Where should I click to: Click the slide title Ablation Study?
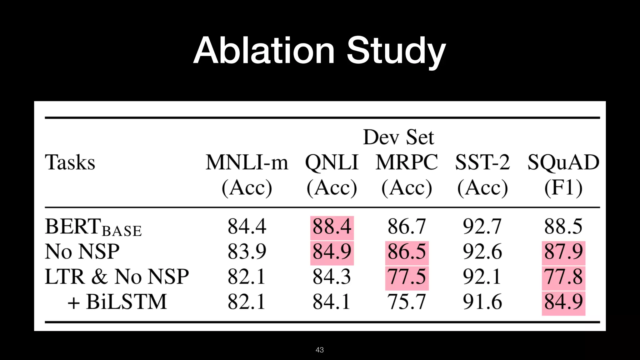coord(319,51)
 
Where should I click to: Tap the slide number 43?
coord(320,350)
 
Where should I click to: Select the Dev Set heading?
coord(398,137)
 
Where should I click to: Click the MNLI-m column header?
coord(247,162)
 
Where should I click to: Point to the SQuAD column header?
coord(563,162)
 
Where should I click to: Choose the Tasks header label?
coord(70,162)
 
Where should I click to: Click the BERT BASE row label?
coord(93,227)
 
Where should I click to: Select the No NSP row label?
coord(82,252)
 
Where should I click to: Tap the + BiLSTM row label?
coord(117,302)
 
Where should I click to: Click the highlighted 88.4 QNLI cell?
coord(332,227)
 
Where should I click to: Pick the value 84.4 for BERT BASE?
coord(247,227)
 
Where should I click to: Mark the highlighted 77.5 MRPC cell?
coord(407,277)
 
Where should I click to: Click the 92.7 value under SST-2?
coord(482,227)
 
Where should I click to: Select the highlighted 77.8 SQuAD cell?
coord(563,277)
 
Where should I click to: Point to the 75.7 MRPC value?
coord(407,302)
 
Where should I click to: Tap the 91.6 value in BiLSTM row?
coord(482,302)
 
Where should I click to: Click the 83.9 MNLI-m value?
coord(247,252)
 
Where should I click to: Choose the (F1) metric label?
coord(563,188)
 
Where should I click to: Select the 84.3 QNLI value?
coord(332,277)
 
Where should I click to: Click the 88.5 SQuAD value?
coord(563,227)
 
